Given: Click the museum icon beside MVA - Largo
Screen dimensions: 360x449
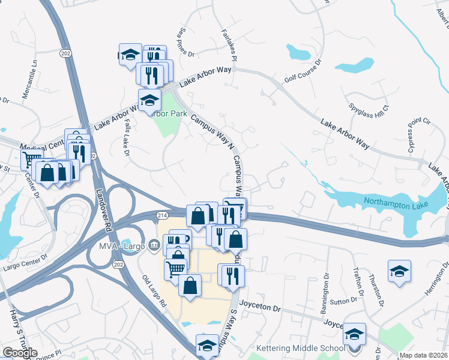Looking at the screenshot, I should pos(154,245).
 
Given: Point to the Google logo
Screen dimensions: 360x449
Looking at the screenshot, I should pos(20,353).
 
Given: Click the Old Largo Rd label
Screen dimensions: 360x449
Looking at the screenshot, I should pos(154,291).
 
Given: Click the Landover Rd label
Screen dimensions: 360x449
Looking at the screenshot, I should pos(100,206).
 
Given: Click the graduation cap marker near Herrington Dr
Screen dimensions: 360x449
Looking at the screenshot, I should pos(399,271).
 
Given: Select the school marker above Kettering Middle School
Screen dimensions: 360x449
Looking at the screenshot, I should pos(354,334).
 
